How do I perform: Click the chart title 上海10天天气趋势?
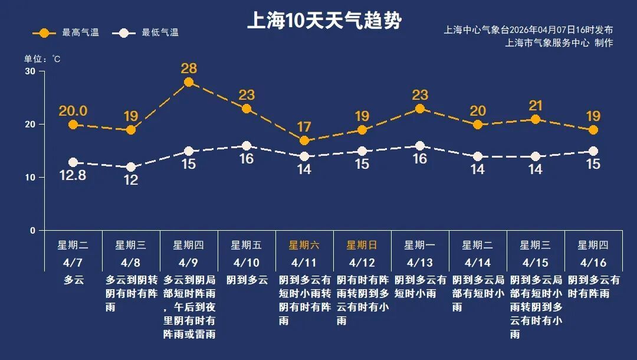pyautogui.click(x=324, y=21)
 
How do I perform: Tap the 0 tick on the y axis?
pyautogui.click(x=32, y=230)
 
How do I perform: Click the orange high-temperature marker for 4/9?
pyautogui.click(x=189, y=82)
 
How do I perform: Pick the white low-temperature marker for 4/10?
pyautogui.click(x=247, y=146)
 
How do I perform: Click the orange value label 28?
pyautogui.click(x=189, y=68)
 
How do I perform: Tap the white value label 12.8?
pyautogui.click(x=73, y=175)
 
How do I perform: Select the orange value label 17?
pyautogui.click(x=304, y=126)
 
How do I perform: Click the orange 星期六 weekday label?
pyautogui.click(x=304, y=245)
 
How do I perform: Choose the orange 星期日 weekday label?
pyautogui.click(x=362, y=245)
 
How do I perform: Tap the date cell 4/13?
pyautogui.click(x=419, y=262)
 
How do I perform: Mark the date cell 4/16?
pyautogui.click(x=593, y=262)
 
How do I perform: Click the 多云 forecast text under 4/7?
pyautogui.click(x=73, y=280)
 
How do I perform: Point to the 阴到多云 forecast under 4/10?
pyautogui.click(x=247, y=280)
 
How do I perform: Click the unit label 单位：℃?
pyautogui.click(x=42, y=59)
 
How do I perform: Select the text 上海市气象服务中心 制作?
pyautogui.click(x=559, y=42)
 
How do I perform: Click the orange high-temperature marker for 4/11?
pyautogui.click(x=304, y=140)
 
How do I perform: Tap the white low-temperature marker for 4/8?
pyautogui.click(x=131, y=167)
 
